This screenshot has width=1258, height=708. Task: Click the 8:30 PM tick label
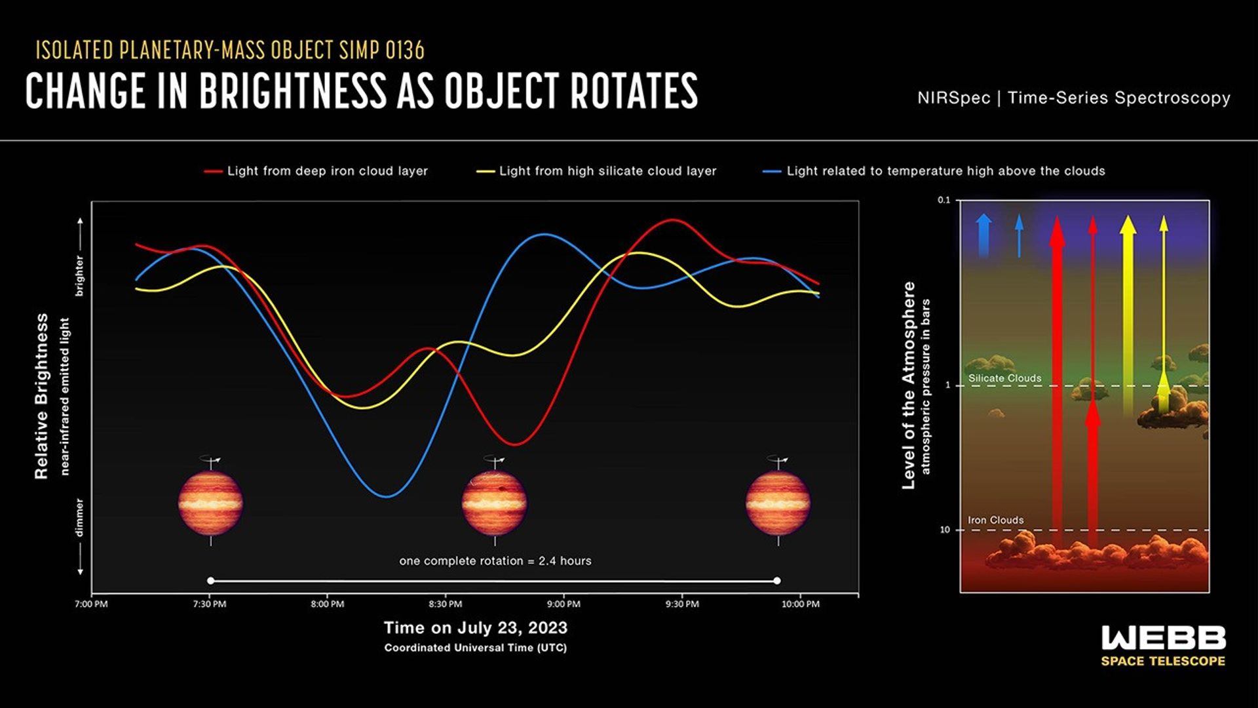(446, 604)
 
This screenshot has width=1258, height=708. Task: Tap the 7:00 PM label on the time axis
(91, 604)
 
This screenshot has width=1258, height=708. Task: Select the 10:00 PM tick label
(800, 604)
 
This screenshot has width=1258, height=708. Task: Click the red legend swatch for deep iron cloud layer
(213, 172)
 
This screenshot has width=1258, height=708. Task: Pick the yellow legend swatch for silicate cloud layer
(485, 172)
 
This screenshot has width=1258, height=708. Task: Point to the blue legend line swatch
(772, 172)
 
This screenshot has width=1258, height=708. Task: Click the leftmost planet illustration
(210, 503)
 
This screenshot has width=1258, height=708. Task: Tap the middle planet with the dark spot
(494, 503)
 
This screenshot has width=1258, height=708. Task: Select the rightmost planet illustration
(778, 503)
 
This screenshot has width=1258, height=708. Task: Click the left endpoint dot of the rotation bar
(210, 581)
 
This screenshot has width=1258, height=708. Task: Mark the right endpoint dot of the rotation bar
(777, 581)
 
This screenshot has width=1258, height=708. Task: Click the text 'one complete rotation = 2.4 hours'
(495, 561)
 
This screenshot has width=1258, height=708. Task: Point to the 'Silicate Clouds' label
(1004, 378)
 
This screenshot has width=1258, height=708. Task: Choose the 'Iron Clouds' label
(995, 521)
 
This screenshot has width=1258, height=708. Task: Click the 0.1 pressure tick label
(943, 201)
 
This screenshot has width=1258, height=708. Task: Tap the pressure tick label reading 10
(944, 530)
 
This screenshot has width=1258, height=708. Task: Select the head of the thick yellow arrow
(1128, 225)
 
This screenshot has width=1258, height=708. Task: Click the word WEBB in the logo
(1163, 638)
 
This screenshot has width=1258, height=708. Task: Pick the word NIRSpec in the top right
(953, 98)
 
